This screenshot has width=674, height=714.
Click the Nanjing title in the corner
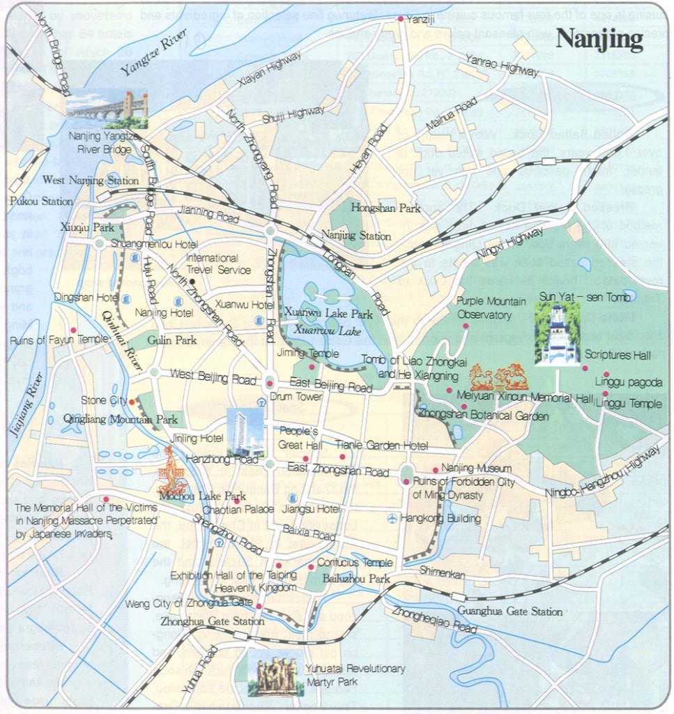pyautogui.click(x=599, y=40)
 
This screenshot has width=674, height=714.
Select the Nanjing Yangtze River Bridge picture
pyautogui.click(x=107, y=109)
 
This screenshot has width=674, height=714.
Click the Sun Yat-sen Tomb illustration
pyautogui.click(x=557, y=334)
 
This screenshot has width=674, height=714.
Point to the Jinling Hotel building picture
pyautogui.click(x=245, y=432)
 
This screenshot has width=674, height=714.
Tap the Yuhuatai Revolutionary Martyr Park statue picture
pyautogui.click(x=276, y=674)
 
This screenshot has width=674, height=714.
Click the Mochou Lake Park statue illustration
pyautogui.click(x=172, y=471)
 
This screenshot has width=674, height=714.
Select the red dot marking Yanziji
pyautogui.click(x=400, y=19)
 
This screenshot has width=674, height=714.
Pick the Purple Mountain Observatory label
pyautogui.click(x=491, y=307)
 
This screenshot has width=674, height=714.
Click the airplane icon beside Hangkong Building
pyautogui.click(x=392, y=518)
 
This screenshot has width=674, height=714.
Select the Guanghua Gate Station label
pyautogui.click(x=510, y=612)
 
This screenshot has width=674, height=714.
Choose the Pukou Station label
pyautogui.click(x=41, y=201)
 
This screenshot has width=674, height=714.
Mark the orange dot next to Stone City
pyautogui.click(x=132, y=401)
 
